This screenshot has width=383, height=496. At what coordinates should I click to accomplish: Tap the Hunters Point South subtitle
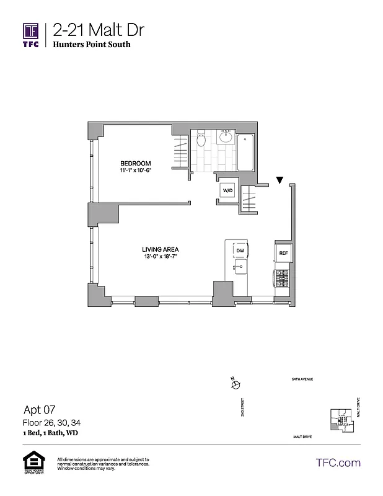(92, 45)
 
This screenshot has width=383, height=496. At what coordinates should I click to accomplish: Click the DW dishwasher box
(240, 250)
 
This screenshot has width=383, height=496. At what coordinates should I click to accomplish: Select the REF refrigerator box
(283, 253)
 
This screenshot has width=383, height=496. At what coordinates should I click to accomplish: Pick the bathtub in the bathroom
(246, 153)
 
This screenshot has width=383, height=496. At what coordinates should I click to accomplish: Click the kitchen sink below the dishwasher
(240, 268)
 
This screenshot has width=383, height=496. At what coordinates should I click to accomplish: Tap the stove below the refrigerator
(282, 278)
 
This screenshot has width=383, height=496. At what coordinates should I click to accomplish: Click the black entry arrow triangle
(280, 180)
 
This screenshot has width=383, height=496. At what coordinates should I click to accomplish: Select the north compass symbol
(235, 384)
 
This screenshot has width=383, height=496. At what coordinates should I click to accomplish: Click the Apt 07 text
(38, 409)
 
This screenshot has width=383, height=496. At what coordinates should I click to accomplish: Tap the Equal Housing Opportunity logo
(32, 463)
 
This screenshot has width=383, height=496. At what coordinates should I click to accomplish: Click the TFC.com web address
(338, 463)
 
